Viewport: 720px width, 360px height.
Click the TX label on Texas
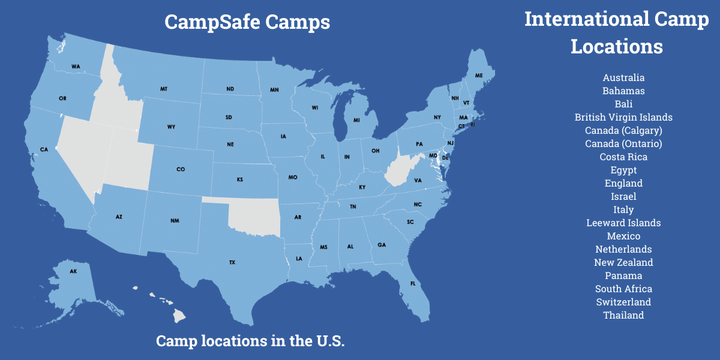pyautogui.click(x=232, y=262)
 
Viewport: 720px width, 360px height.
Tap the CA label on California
pyautogui.click(x=44, y=149)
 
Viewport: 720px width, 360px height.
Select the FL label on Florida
pyautogui.click(x=413, y=283)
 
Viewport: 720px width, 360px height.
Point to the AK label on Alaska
pyautogui.click(x=73, y=271)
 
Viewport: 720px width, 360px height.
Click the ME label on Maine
pyautogui.click(x=478, y=76)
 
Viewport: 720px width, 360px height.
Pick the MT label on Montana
pyautogui.click(x=164, y=89)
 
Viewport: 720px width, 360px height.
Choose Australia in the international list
pyautogui.click(x=623, y=78)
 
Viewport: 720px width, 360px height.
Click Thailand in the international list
pyautogui.click(x=623, y=316)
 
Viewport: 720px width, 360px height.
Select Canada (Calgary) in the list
pyautogui.click(x=623, y=131)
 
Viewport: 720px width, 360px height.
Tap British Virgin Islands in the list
pyautogui.click(x=623, y=118)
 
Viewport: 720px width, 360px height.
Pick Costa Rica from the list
pyautogui.click(x=623, y=157)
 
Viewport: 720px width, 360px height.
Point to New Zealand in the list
pyautogui.click(x=623, y=263)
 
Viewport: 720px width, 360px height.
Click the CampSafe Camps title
pyautogui.click(x=247, y=22)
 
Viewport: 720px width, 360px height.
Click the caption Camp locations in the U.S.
pyautogui.click(x=250, y=341)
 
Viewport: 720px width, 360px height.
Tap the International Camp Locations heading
pyautogui.click(x=617, y=33)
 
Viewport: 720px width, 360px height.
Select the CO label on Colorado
pyautogui.click(x=181, y=169)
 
